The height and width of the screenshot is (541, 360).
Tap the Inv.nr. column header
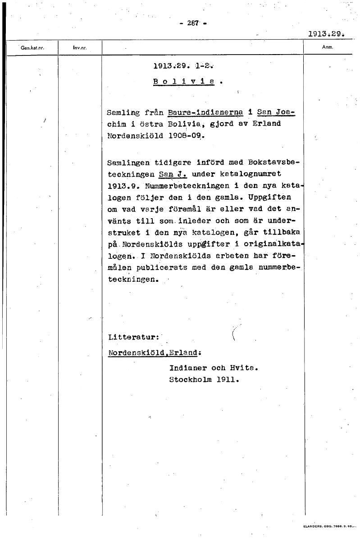pyautogui.click(x=79, y=47)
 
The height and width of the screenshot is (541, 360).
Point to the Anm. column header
pyautogui.click(x=328, y=46)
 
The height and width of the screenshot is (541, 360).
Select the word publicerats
pyautogui.click(x=160, y=267)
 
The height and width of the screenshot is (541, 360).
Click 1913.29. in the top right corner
pyautogui.click(x=326, y=33)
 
